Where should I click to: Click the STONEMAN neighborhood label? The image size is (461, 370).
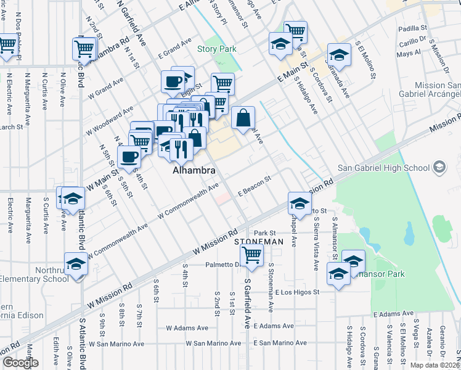[262, 242]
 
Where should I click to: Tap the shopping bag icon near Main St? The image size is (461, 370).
[243, 117]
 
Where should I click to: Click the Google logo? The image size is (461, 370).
[20, 363]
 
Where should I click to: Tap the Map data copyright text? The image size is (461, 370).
[435, 365]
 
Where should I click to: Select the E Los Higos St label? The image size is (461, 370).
[298, 292]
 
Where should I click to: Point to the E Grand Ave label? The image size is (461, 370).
[174, 47]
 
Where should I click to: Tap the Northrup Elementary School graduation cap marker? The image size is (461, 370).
[76, 263]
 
